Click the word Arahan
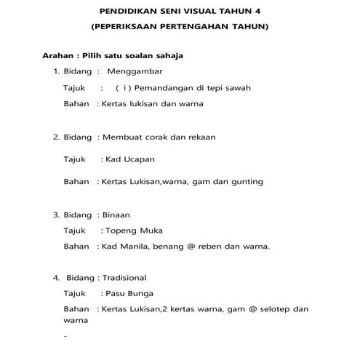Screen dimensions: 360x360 pos(59,56)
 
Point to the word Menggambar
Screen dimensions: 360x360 pos(135,72)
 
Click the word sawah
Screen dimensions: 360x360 pos(237,87)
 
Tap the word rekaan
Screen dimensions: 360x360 pos(201,136)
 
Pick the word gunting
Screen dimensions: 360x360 pos(247,181)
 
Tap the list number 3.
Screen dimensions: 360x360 pos(56,215)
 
